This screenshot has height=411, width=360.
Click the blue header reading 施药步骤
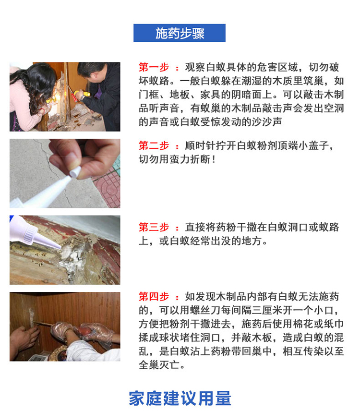[180, 33]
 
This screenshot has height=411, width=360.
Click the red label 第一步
[154, 67]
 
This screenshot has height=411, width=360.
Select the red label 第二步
[154, 145]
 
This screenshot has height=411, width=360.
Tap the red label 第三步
[154, 227]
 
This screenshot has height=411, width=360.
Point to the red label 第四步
[154, 297]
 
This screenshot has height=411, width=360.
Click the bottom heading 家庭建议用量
[180, 399]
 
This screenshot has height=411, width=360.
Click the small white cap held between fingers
[75, 172]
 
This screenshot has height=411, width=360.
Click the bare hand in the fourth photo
[24, 338]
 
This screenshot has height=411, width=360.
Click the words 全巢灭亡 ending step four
[159, 365]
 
